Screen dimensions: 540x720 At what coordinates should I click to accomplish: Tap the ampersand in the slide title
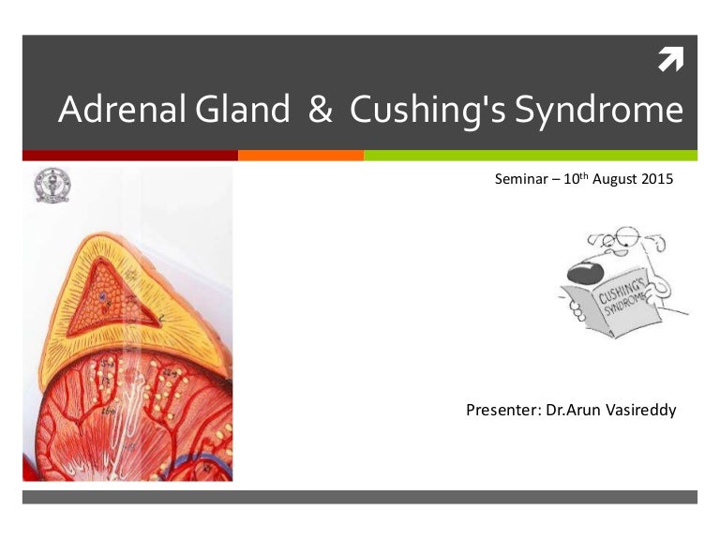(320, 111)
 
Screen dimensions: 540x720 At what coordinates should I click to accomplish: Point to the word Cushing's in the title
(421, 111)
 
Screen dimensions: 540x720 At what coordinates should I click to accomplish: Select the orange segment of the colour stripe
(300, 156)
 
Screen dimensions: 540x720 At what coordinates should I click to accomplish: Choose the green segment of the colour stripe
(530, 156)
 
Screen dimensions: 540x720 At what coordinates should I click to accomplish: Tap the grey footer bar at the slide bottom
(360, 497)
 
